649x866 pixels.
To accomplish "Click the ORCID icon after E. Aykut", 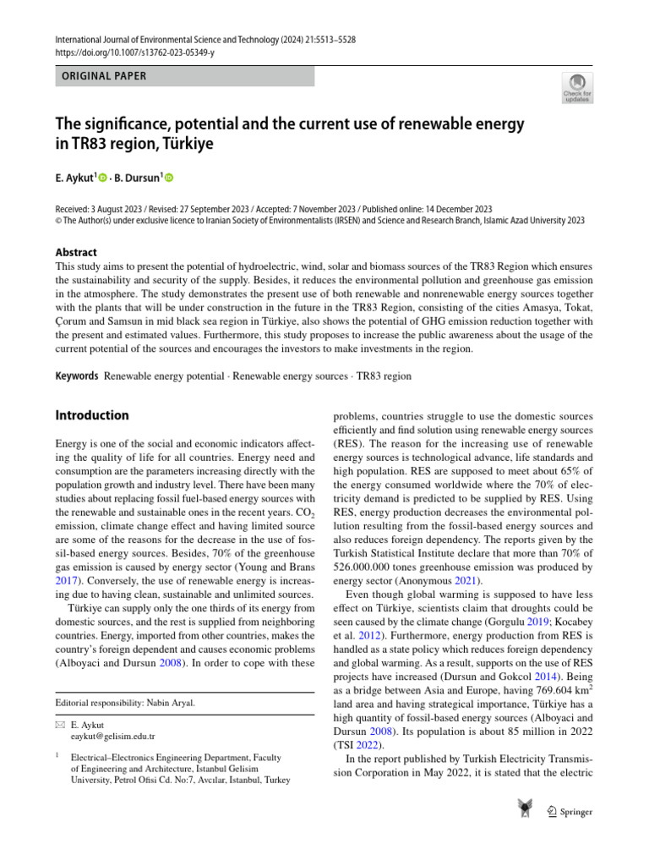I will click(104, 178).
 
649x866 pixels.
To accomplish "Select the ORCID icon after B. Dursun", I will click(167, 178).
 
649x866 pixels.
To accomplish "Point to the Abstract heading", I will click(76, 252).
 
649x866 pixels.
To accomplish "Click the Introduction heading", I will click(92, 415).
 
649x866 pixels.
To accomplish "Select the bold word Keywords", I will click(77, 375).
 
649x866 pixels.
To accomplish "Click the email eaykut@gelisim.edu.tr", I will click(107, 737).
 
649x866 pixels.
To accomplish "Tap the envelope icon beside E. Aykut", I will click(59, 725).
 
